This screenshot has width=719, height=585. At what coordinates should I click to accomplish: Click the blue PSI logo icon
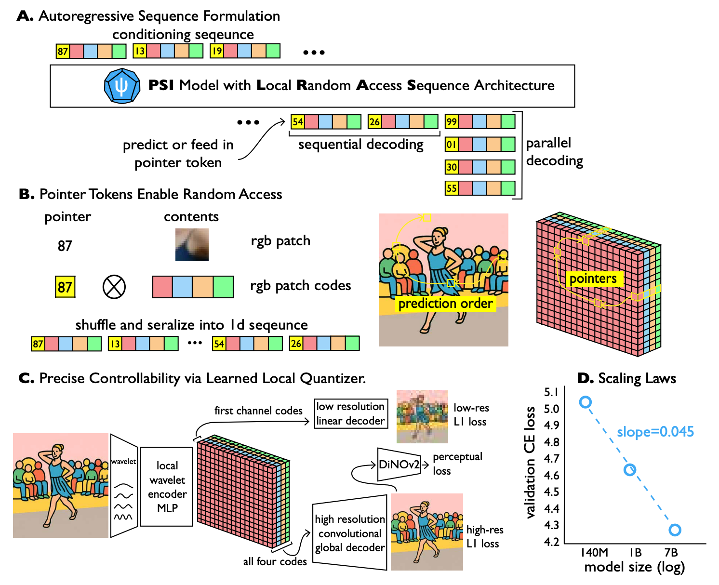click(122, 86)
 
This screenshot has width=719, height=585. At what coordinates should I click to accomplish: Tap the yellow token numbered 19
click(217, 51)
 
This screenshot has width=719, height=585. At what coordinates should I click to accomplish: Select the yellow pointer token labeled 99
click(452, 121)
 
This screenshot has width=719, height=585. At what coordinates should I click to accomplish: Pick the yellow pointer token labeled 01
click(452, 144)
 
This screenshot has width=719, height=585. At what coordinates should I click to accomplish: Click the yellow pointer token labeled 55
click(452, 188)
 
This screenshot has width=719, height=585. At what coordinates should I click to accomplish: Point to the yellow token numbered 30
click(452, 167)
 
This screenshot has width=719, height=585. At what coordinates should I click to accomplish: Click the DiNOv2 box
click(399, 465)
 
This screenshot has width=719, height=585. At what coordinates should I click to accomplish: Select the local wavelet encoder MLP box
click(167, 487)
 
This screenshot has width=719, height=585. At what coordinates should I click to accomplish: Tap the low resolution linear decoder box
click(350, 413)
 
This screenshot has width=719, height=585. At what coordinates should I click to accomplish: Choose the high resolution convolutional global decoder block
click(350, 533)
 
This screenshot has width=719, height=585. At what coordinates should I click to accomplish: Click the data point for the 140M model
click(586, 402)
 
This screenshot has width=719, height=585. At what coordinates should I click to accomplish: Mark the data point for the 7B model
click(675, 530)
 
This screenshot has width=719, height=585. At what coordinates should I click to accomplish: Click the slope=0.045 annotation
click(655, 432)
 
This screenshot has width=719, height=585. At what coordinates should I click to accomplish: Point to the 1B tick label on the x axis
click(636, 552)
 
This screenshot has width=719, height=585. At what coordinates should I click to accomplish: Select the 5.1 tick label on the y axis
click(551, 392)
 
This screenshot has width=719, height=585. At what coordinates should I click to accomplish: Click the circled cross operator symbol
click(114, 287)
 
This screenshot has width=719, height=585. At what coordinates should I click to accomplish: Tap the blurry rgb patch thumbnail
click(192, 245)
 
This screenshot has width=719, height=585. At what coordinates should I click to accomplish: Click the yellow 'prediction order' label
click(446, 304)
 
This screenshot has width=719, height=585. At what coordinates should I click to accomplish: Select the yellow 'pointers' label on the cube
click(593, 279)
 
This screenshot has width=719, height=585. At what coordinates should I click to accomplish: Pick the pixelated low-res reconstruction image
click(422, 417)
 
